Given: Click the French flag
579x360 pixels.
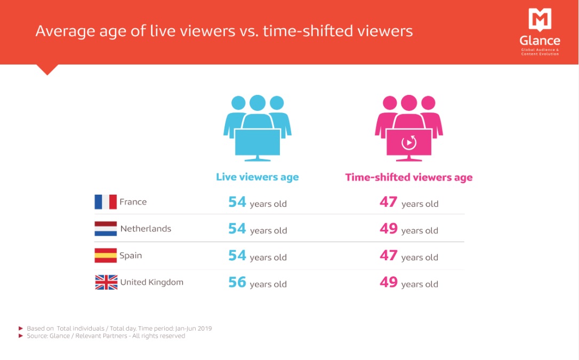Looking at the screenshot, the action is tap(106, 202).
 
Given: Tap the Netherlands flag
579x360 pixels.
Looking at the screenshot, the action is tap(106, 229).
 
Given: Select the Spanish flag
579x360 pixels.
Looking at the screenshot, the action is tap(106, 255).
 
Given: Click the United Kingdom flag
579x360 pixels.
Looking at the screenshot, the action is tap(106, 282).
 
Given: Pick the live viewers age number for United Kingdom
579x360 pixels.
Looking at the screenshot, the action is tap(237, 282).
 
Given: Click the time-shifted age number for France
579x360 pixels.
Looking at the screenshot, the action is tap(389, 202).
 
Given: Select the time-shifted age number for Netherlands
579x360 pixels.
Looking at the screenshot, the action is tap(389, 229).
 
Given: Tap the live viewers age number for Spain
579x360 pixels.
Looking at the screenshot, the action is tap(237, 255).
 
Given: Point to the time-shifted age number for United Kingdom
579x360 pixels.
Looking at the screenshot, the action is tap(389, 282).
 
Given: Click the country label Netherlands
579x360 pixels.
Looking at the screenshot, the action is tap(146, 229).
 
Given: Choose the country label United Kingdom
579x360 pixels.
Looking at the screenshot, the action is tap(152, 283).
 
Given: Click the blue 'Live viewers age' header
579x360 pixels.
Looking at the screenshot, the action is tap(258, 177).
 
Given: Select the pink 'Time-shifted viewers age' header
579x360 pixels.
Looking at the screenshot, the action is tap(409, 178).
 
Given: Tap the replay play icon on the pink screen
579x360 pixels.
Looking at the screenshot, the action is tap(409, 142).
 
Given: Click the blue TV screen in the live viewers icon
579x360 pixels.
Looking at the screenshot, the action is tap(258, 142).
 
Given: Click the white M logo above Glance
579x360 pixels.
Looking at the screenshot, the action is tap(540, 19).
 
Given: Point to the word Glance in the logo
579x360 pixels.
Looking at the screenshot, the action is tap(540, 40).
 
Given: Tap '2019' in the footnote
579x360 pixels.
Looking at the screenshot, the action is tap(205, 328).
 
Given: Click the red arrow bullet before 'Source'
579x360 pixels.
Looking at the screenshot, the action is tap(21, 335).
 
